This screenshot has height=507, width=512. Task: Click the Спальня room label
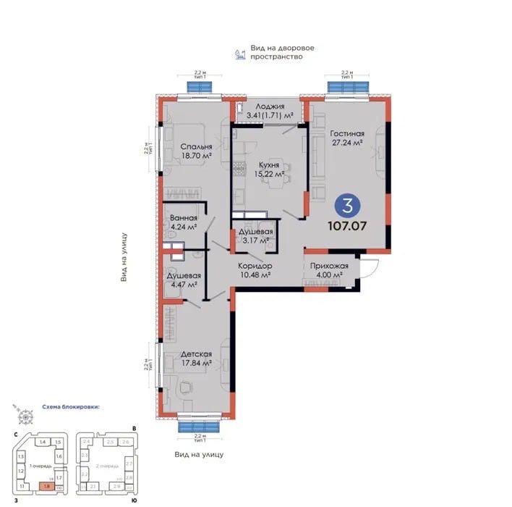click(x=197, y=146)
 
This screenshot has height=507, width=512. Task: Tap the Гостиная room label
click(x=347, y=133)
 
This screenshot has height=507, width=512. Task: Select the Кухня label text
click(x=268, y=164)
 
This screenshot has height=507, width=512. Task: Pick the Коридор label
click(x=255, y=266)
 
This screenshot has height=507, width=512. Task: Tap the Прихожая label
click(x=329, y=266)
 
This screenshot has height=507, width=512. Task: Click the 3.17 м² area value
click(x=255, y=243)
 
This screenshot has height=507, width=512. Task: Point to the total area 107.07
click(x=347, y=225)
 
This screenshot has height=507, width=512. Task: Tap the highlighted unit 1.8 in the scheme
click(x=47, y=487)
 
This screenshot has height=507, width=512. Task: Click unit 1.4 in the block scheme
click(x=43, y=442)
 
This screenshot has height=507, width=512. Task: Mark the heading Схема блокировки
click(x=71, y=407)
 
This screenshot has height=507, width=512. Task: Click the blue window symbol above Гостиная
click(x=348, y=86)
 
